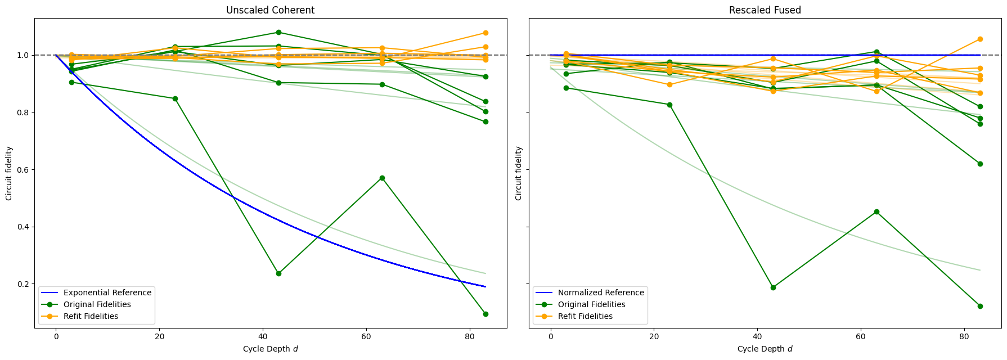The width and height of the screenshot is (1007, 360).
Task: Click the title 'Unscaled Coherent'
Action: pos(270,10)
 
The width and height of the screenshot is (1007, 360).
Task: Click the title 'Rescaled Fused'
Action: pos(765,10)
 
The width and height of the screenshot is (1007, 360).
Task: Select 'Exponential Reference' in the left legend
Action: pos(107,292)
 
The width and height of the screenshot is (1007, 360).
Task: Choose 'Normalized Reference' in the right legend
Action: pos(600,292)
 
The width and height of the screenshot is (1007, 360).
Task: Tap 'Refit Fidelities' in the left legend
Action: pos(91,316)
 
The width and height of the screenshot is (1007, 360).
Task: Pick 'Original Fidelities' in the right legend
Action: pos(591,304)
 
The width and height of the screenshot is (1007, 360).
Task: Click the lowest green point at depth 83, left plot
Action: pos(485,314)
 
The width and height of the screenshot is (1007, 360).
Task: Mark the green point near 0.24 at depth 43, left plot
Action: pos(278,273)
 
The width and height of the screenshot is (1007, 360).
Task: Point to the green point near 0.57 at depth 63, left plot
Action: pos(382,178)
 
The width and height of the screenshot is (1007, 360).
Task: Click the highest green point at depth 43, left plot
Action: pos(278,33)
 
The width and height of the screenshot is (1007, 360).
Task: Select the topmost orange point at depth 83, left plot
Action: pos(485,33)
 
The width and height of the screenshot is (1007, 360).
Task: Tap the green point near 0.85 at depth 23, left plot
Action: pos(175,98)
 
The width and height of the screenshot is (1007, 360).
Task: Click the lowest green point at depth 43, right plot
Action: pos(773,287)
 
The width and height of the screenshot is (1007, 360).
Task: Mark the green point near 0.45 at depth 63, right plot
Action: pos(876,211)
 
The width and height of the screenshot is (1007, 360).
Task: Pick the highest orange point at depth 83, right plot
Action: pos(980,39)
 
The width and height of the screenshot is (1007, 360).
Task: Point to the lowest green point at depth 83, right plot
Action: pos(980,306)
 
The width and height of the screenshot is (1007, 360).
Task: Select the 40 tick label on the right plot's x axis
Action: pos(757,336)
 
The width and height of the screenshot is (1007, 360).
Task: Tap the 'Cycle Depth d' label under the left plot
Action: pos(270,349)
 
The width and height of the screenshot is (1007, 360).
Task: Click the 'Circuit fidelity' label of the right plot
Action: pos(518,173)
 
